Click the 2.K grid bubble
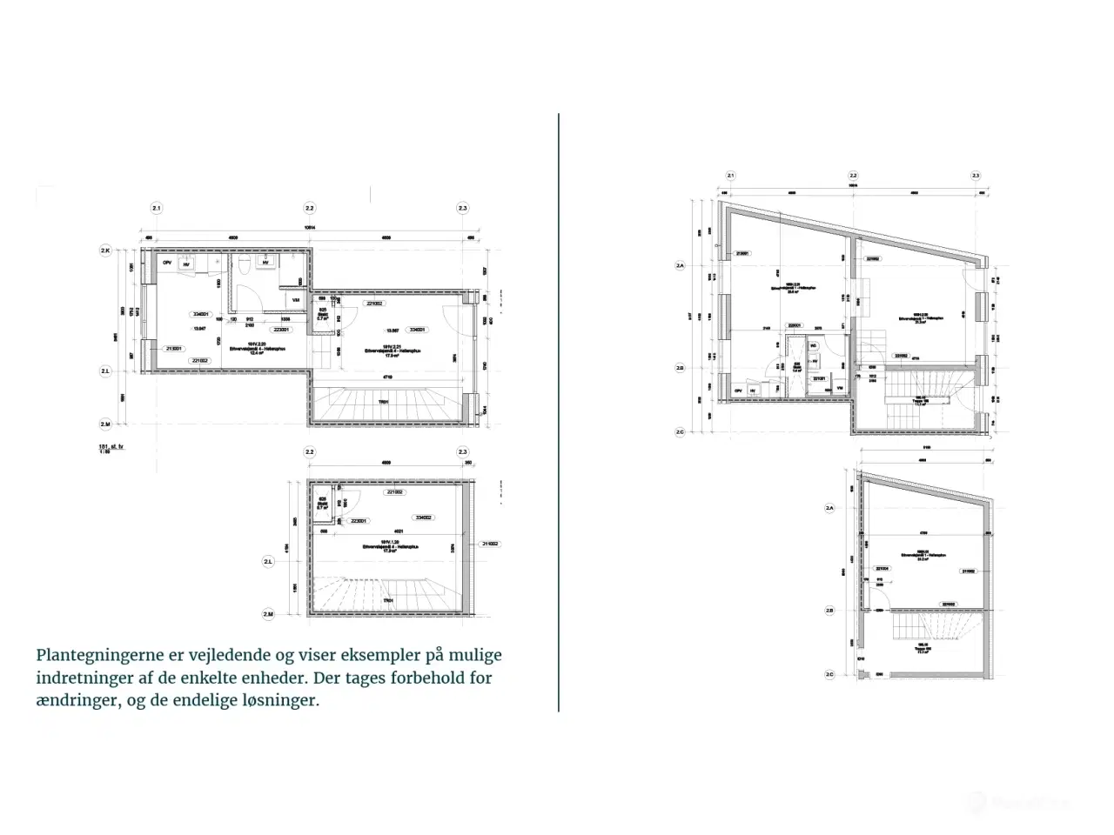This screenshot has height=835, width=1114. click(105, 250)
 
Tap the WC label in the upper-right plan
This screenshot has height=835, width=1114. click(813, 345)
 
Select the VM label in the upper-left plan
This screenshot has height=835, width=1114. click(296, 301)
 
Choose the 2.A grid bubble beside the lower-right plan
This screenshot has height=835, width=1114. click(829, 508)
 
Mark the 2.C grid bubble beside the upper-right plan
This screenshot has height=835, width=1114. click(681, 431)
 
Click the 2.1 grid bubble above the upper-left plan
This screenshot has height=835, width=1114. click(157, 209)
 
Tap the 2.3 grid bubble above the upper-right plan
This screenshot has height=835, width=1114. click(976, 175)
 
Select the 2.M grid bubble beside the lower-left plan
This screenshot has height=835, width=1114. click(268, 614)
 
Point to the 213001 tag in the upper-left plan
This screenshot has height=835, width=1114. click(173, 349)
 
